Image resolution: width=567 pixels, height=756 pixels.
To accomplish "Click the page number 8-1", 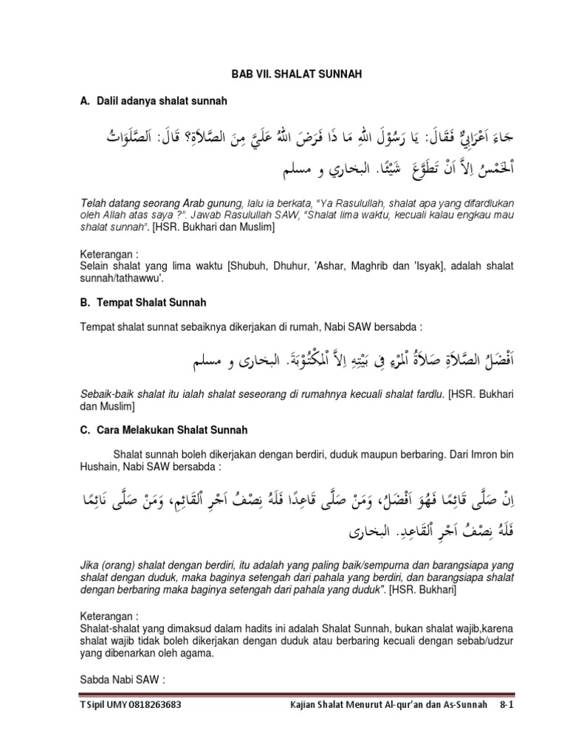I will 506,705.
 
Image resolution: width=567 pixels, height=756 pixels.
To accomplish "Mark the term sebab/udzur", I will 483,639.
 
